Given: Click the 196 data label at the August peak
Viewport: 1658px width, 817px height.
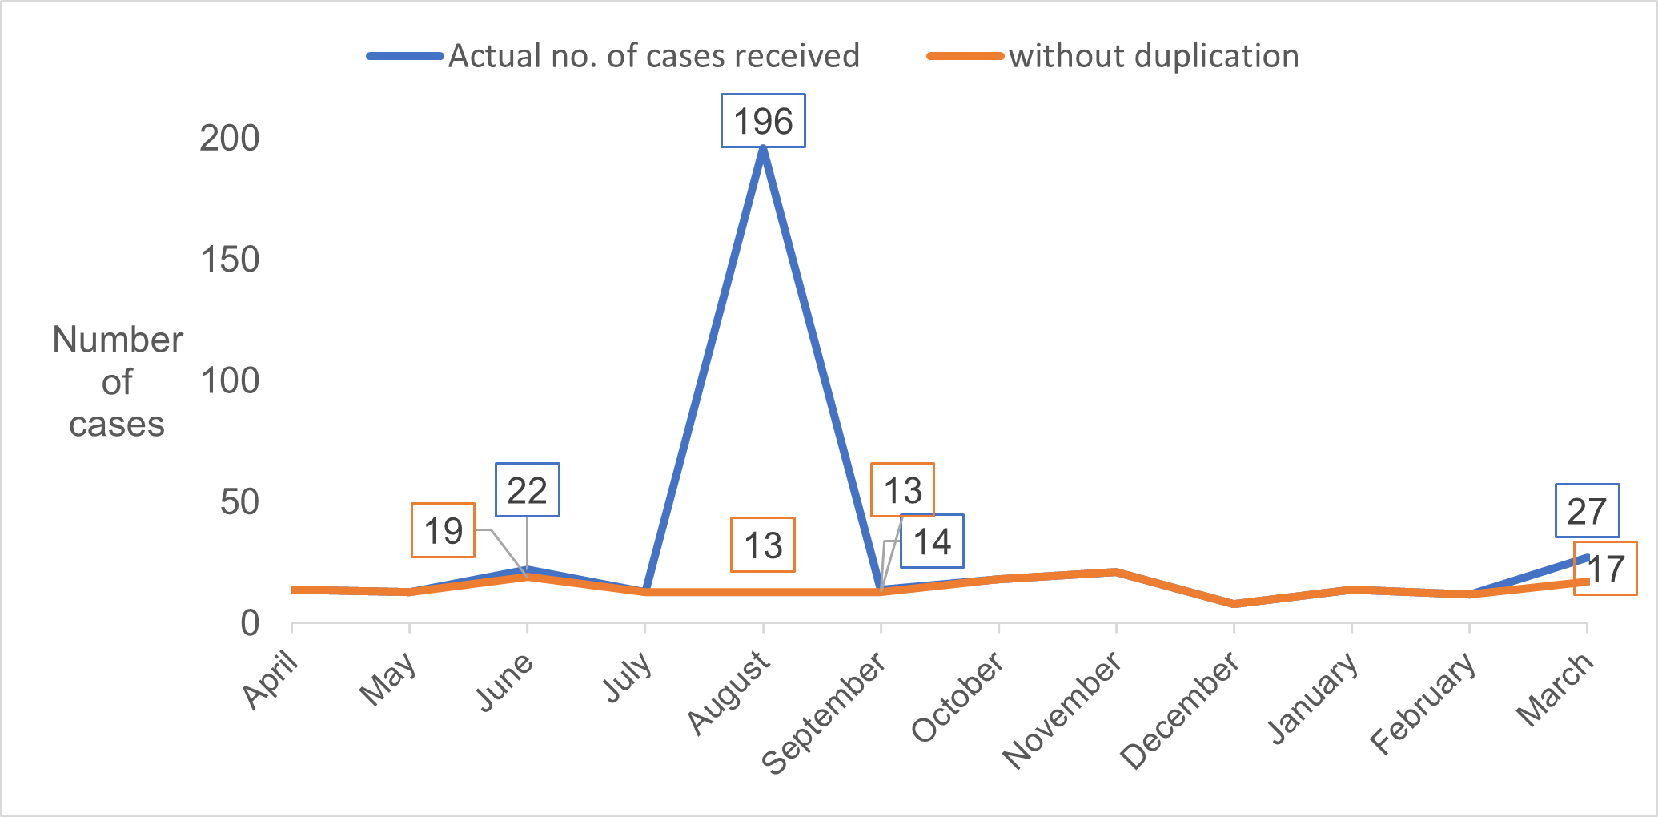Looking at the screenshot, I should [x=763, y=122].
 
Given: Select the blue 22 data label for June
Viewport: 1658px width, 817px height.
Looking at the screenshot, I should [x=527, y=490].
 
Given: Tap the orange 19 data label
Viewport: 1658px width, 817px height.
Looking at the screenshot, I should [x=443, y=530].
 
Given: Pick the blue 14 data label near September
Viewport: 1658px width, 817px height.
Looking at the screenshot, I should [x=932, y=541].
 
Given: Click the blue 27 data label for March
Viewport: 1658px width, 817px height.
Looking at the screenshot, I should [x=1587, y=511].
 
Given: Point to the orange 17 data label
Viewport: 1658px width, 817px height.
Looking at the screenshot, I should [x=1605, y=569].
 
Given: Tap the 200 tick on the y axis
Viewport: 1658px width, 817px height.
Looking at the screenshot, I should [x=230, y=139].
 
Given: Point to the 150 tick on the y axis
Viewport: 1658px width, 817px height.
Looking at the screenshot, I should [x=230, y=260].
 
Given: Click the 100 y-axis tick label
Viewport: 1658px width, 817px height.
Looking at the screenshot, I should [x=230, y=381].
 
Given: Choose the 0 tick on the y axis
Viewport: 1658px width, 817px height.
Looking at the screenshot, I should [x=250, y=623].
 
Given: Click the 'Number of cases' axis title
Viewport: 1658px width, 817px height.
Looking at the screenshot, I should [x=117, y=382].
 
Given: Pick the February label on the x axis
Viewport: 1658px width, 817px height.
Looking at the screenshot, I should [x=1423, y=702].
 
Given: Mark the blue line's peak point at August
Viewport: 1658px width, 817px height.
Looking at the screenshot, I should [x=763, y=149].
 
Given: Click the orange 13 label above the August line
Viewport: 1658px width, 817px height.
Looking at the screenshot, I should [x=762, y=545].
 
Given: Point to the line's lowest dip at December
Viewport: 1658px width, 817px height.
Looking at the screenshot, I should [x=1234, y=603].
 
